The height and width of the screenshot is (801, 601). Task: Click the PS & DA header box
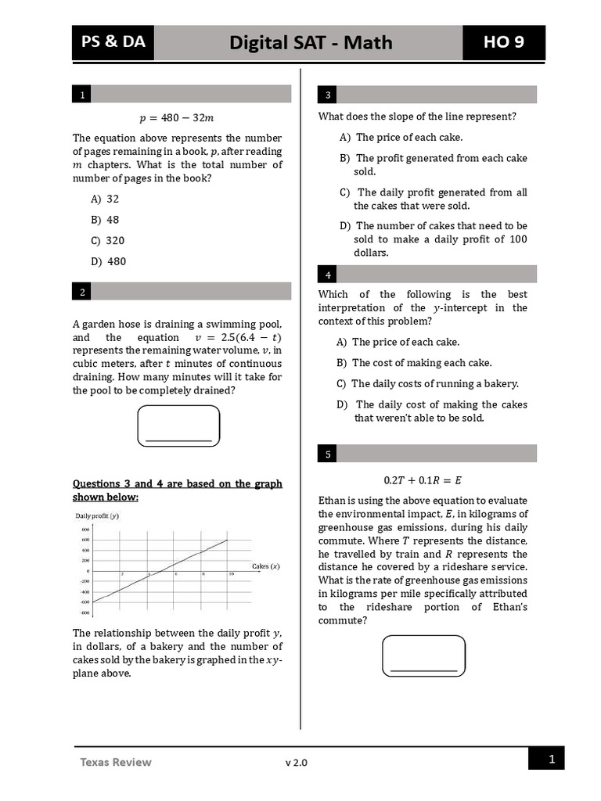pyautogui.click(x=113, y=42)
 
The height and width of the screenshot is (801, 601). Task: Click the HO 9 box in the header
pyautogui.click(x=503, y=42)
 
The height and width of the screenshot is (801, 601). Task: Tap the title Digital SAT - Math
pyautogui.click(x=310, y=42)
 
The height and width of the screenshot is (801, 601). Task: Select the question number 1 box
pyautogui.click(x=81, y=95)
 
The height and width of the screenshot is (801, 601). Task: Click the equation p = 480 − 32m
pyautogui.click(x=176, y=117)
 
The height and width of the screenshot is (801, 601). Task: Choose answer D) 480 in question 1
pyautogui.click(x=108, y=261)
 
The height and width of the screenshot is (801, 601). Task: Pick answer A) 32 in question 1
pyautogui.click(x=105, y=199)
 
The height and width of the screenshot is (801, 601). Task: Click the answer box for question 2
pyautogui.click(x=178, y=426)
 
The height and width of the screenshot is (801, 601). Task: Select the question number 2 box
pyautogui.click(x=81, y=291)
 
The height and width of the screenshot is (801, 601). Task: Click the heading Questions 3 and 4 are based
pyautogui.click(x=177, y=490)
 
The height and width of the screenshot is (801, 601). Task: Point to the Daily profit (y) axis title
pyautogui.click(x=97, y=515)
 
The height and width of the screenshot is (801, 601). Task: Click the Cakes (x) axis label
pyautogui.click(x=266, y=566)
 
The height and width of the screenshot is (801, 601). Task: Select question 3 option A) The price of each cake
pyautogui.click(x=401, y=137)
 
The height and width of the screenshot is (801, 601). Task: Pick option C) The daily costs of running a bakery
pyautogui.click(x=427, y=383)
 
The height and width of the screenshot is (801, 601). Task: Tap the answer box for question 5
pyautogui.click(x=423, y=656)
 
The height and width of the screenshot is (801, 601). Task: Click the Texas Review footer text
pyautogui.click(x=115, y=762)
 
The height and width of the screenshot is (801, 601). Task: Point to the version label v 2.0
pyautogui.click(x=297, y=763)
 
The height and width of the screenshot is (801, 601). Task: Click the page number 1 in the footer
pyautogui.click(x=551, y=759)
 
